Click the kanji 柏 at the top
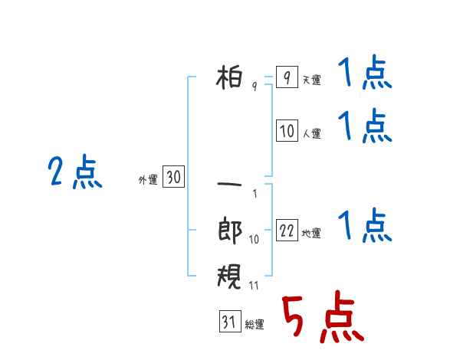229,77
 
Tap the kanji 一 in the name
229,185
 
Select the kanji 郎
230,230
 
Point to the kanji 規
229,276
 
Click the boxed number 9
287,77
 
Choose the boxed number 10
287,130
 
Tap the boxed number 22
287,230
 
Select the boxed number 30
173,176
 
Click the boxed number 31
230,321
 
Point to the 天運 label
312,80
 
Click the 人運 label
312,134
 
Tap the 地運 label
311,233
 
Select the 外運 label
148,180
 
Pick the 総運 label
255,324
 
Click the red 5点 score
323,316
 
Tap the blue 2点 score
75,172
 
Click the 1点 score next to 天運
365,72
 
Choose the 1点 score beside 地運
365,224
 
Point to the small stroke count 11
254,286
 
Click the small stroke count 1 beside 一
255,194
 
